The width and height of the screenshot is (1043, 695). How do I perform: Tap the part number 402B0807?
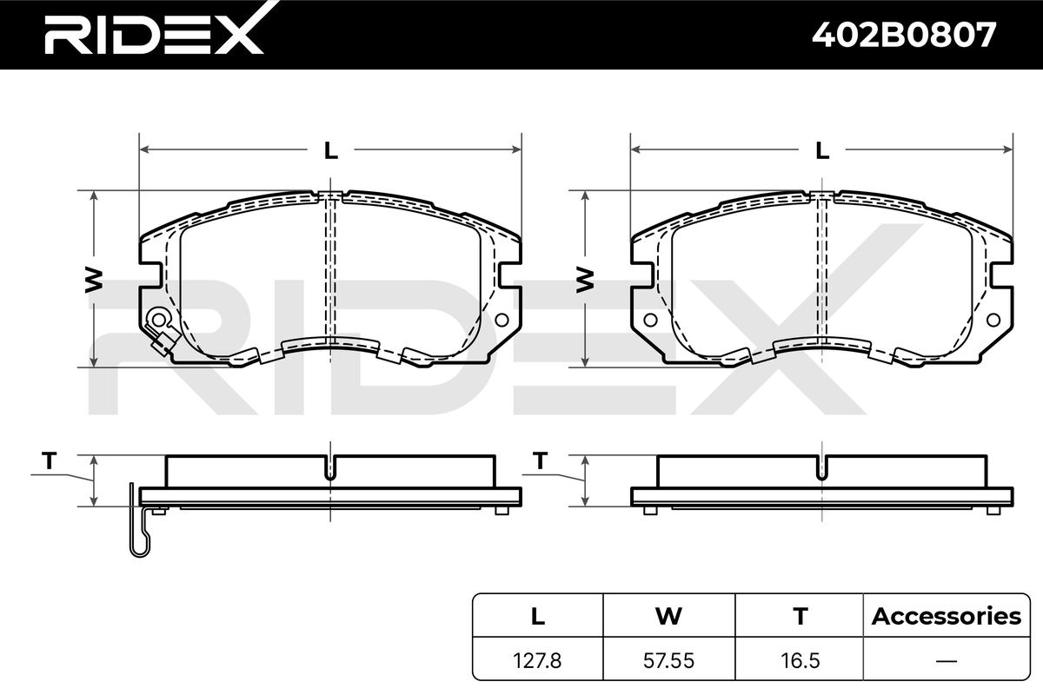tap(904, 35)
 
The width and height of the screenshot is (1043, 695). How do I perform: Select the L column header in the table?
tap(538, 616)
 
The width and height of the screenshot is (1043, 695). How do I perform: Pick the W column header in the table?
tap(668, 616)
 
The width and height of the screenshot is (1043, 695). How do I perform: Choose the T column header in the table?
tap(801, 616)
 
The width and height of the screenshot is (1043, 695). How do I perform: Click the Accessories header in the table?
tap(947, 616)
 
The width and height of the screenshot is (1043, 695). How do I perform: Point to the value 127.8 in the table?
tap(537, 660)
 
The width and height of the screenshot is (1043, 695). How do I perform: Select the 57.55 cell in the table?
tap(668, 660)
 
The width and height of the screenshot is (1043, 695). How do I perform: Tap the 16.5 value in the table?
tap(801, 660)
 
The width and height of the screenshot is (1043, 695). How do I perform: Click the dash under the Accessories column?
tap(947, 661)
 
